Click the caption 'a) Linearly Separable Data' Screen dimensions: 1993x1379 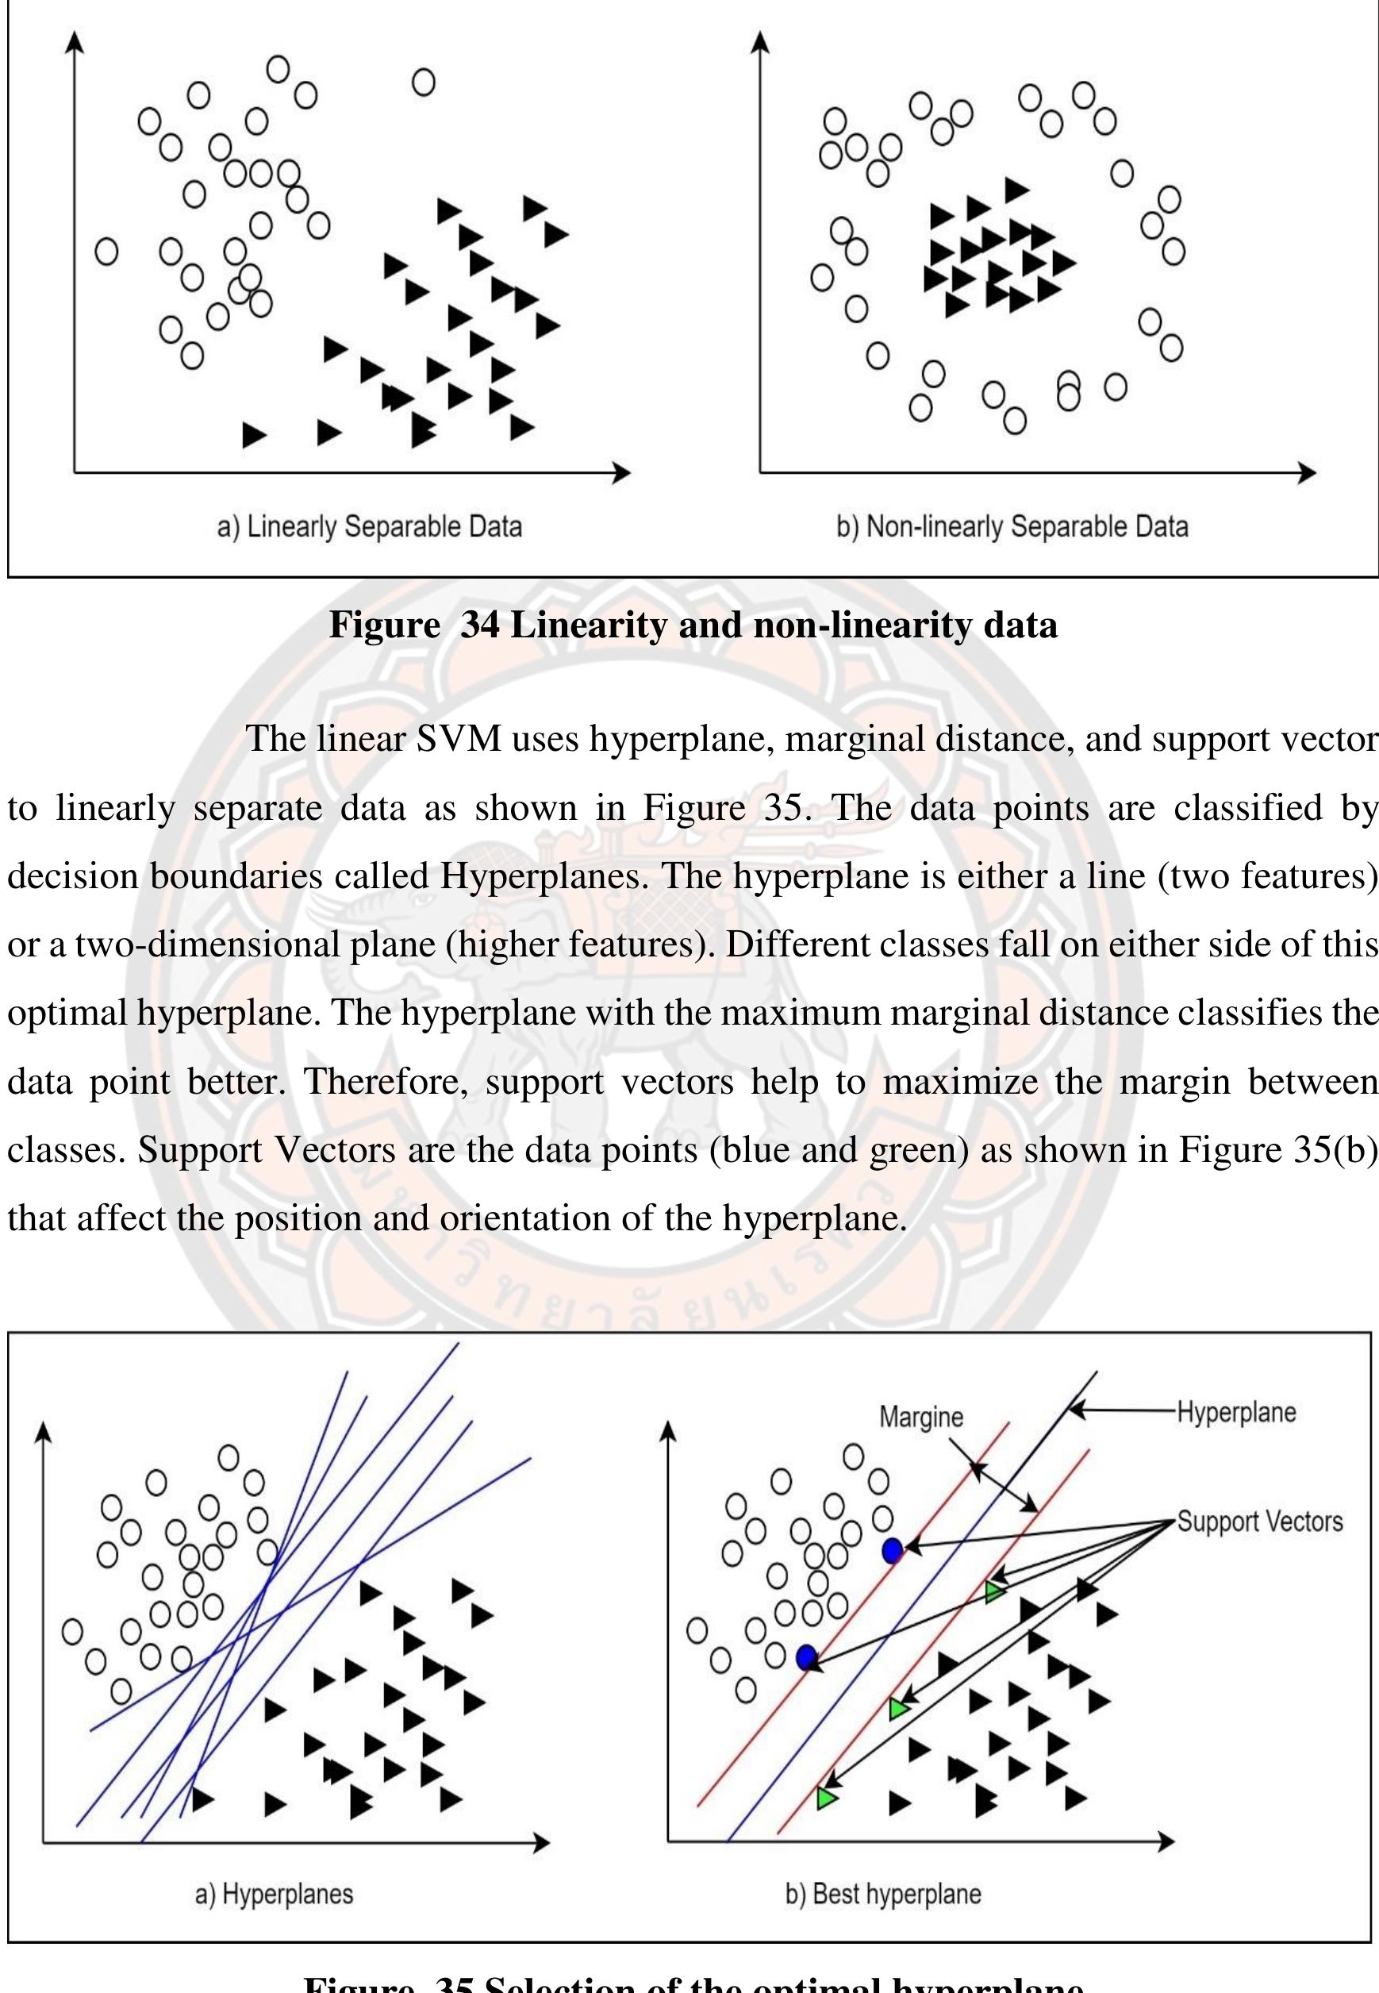pyautogui.click(x=369, y=526)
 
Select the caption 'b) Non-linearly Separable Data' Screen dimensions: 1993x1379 pyautogui.click(x=1012, y=526)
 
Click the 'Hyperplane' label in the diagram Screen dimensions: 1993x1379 pyautogui.click(x=1235, y=1412)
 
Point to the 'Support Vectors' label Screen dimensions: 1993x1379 pyautogui.click(x=1260, y=1521)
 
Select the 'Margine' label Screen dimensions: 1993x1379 pyautogui.click(x=921, y=1417)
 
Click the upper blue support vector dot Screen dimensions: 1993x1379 pyautogui.click(x=893, y=1550)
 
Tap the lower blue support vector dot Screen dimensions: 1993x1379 pyautogui.click(x=807, y=1656)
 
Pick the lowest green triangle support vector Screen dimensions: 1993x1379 pyautogui.click(x=827, y=1799)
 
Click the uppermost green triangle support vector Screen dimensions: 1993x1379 pyautogui.click(x=994, y=1591)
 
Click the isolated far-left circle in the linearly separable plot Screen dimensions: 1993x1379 pyautogui.click(x=106, y=252)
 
